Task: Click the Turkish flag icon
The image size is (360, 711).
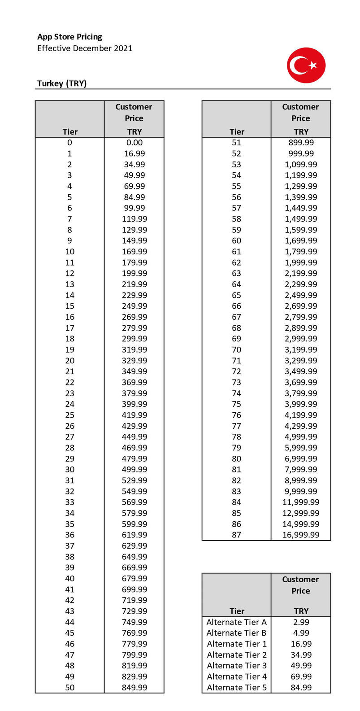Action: [306, 65]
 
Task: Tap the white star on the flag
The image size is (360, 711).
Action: [313, 65]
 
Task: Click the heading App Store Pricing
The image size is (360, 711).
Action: [69, 37]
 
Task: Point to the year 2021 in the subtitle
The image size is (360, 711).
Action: [123, 48]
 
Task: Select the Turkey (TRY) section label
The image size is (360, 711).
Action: [62, 83]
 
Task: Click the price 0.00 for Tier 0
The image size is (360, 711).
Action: [134, 143]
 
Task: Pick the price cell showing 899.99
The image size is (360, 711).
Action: [301, 143]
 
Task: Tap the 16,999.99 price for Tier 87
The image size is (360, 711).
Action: [301, 535]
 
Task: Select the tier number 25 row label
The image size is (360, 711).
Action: [70, 415]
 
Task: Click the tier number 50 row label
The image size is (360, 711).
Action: [70, 687]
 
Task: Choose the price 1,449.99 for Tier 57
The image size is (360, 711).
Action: [301, 208]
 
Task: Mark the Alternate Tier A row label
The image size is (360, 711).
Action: [236, 622]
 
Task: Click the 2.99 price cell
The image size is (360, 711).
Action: [301, 622]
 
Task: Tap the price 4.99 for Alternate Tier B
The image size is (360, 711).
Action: [301, 633]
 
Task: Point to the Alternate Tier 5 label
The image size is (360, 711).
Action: [236, 687]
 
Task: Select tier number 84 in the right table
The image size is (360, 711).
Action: [236, 502]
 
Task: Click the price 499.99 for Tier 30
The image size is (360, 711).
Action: [134, 469]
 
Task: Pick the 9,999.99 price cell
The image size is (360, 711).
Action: [301, 491]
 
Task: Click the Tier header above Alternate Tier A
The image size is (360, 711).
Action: [237, 611]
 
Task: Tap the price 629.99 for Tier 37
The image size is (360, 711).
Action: [134, 545]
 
